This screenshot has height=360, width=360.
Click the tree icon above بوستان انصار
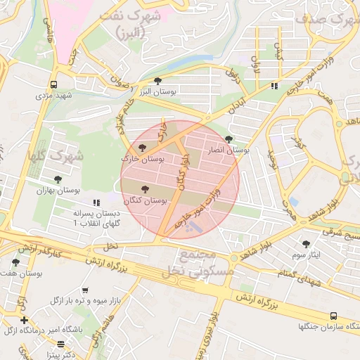coord(229,139)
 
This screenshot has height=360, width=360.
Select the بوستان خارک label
coord(143,160)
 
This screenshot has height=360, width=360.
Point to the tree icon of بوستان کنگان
coord(146,189)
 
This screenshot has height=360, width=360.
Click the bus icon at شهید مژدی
coord(54,84)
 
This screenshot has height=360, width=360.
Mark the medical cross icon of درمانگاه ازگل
coord(24,320)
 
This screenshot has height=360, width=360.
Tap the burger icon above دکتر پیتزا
coord(62,345)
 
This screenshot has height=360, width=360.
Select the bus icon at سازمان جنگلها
coord(333,316)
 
